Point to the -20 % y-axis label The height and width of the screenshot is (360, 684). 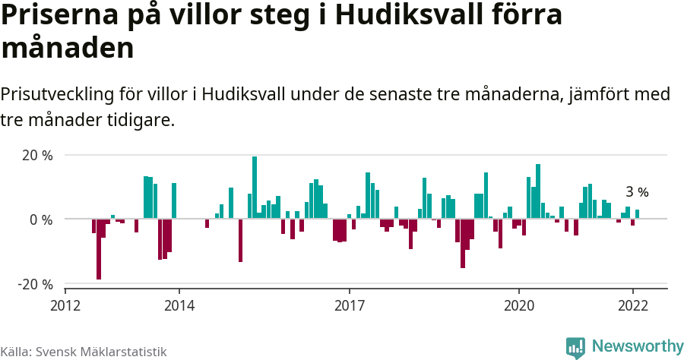(x=35, y=284)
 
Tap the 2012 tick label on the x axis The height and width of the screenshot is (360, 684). (x=65, y=305)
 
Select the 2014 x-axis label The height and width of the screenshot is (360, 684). (x=179, y=305)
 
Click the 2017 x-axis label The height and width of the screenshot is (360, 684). (x=349, y=305)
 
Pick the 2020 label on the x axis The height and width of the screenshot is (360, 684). (x=519, y=305)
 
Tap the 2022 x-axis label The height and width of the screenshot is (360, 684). (x=632, y=305)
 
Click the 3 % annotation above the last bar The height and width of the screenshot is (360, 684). (x=637, y=192)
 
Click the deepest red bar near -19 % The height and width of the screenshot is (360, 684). (x=99, y=249)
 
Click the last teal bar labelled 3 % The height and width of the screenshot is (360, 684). (x=637, y=214)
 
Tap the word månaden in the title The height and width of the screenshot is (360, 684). (x=68, y=49)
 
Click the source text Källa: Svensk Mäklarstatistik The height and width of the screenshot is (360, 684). (x=83, y=352)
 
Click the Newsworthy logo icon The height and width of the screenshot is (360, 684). (x=575, y=347)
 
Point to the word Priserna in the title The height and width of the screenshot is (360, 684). (x=63, y=17)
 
